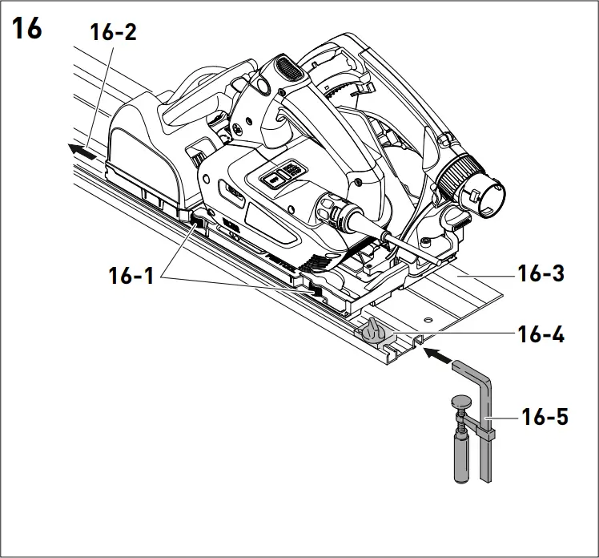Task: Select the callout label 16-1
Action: point(133,277)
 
